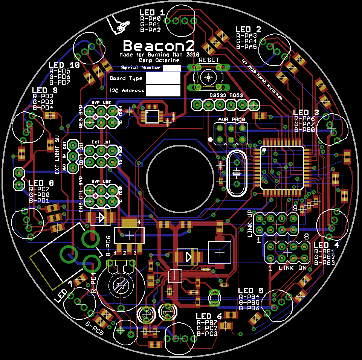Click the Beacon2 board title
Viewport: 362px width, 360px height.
(159, 46)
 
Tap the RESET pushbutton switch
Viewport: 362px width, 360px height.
(208, 77)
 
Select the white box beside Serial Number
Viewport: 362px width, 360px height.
(172, 68)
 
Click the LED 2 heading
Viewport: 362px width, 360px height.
(248, 29)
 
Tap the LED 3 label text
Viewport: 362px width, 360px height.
(306, 112)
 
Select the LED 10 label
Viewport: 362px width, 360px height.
(64, 65)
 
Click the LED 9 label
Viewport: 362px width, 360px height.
(45, 90)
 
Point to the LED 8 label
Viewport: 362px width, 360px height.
(41, 183)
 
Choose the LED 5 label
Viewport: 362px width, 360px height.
(250, 291)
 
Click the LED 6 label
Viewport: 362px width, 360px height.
(209, 316)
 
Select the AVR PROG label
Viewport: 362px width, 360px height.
(231, 119)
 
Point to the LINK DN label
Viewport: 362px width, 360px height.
(292, 268)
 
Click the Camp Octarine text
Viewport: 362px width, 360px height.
(159, 60)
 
